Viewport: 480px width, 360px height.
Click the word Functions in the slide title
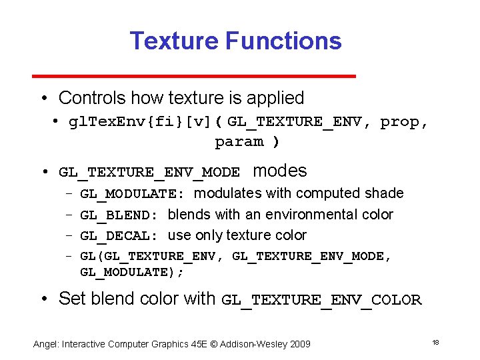click(x=283, y=41)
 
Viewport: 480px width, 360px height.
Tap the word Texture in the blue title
click(x=175, y=41)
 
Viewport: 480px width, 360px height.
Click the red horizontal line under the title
click(x=242, y=76)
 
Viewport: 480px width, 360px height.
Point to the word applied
click(x=275, y=98)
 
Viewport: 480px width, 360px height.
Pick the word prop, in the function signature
click(x=404, y=122)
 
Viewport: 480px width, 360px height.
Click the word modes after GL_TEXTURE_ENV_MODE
click(x=280, y=171)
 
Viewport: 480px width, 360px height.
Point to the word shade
click(x=385, y=193)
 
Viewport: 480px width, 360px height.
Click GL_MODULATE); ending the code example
click(x=132, y=273)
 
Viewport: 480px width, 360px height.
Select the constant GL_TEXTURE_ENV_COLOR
click(x=321, y=300)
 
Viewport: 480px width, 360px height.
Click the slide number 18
click(x=435, y=343)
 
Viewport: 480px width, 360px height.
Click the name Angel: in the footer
click(x=46, y=344)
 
